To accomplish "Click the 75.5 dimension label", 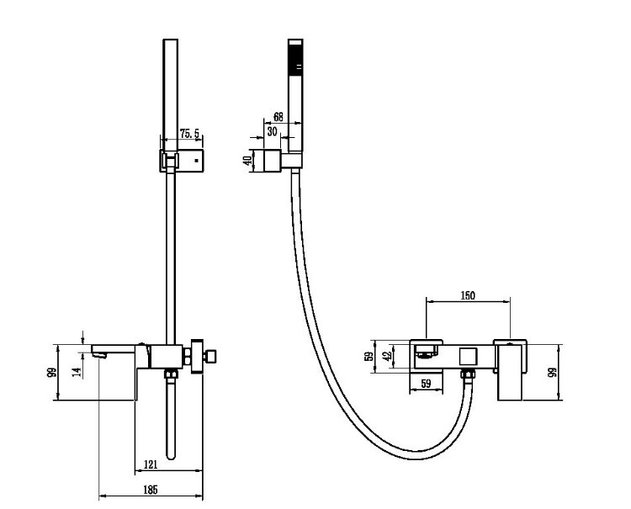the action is click(x=189, y=133).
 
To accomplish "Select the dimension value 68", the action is click(x=278, y=117).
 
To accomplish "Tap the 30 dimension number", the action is click(x=272, y=131).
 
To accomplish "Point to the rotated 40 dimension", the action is click(x=248, y=160).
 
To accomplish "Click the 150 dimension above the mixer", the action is click(x=468, y=295).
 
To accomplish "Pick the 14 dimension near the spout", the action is click(x=78, y=372).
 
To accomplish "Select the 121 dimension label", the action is click(x=150, y=464).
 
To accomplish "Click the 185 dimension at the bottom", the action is click(x=151, y=490).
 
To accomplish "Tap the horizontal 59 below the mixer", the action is click(x=426, y=384).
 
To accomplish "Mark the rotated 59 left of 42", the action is click(x=369, y=356).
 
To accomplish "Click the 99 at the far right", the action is click(x=553, y=372).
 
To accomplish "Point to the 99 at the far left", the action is click(x=51, y=373).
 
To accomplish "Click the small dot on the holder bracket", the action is click(x=196, y=161).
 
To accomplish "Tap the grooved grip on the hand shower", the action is click(x=295, y=57).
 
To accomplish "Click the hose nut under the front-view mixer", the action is click(x=468, y=374).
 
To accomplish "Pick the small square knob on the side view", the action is click(x=210, y=357).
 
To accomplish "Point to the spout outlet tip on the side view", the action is click(x=99, y=355).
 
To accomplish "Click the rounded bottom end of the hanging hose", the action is click(x=171, y=455).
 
